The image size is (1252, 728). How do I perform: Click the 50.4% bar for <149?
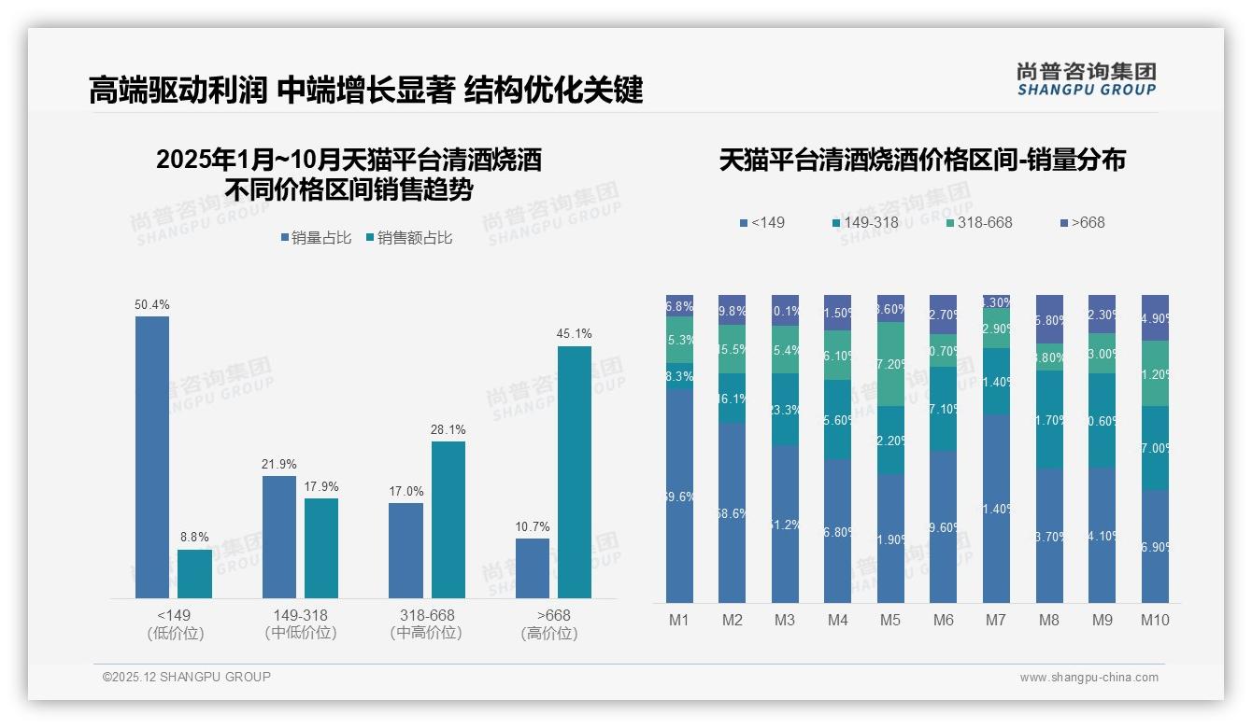coord(152,456)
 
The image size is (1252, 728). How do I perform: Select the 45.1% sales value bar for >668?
coord(575,471)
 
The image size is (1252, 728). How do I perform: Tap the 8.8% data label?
coord(194,538)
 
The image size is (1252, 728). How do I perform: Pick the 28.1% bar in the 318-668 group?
coord(448,519)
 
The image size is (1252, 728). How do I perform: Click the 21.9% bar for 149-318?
coord(279,537)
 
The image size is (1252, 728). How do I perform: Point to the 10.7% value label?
coord(533,527)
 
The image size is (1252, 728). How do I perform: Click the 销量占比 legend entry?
coord(316,238)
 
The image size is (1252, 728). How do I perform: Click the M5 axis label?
coord(890,620)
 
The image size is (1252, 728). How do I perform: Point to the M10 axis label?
coord(1155,620)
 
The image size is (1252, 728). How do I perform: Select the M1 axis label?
coord(679,620)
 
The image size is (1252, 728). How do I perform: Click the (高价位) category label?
coord(549,633)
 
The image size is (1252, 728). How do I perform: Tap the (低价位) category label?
coord(175,633)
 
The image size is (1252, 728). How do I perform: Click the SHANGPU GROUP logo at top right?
coord(1086,79)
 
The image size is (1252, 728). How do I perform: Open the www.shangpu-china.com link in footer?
coord(1088,678)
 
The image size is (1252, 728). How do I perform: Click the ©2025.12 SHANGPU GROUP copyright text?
coord(187,677)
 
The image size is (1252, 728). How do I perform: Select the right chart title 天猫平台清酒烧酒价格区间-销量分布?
coord(922,160)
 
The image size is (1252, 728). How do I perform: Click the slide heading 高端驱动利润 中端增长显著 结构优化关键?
coord(365,91)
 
